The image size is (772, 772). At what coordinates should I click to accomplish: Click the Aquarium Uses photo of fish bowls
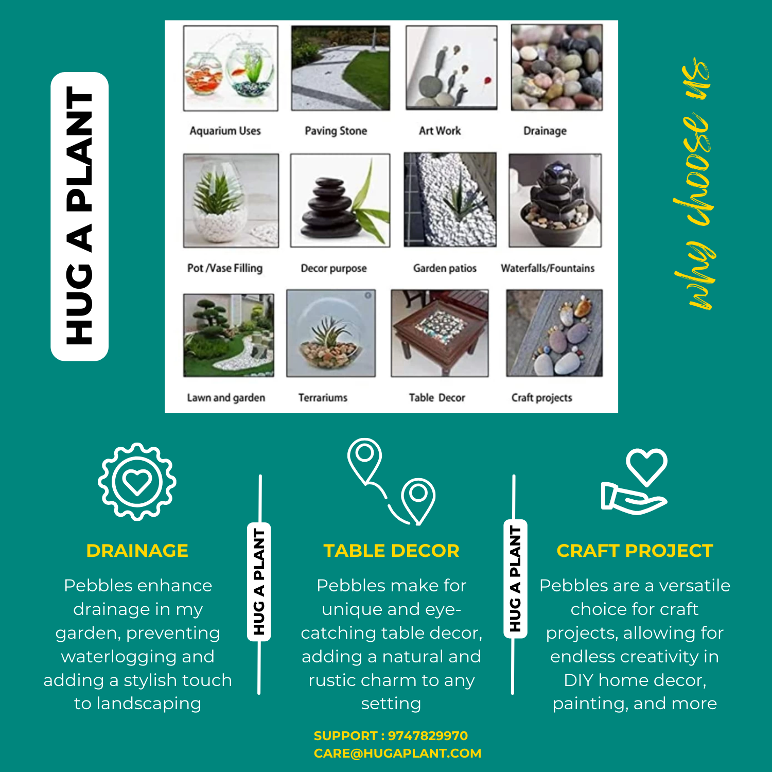pos(231,68)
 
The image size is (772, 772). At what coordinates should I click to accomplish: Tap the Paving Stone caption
pos(336,131)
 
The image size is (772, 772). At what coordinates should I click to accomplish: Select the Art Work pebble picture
pos(451,67)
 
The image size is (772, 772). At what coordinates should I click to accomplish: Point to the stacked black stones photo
pos(340,200)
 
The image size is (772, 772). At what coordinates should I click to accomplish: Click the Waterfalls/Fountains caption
pos(548,268)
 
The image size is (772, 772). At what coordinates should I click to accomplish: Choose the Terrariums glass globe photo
pos(331,333)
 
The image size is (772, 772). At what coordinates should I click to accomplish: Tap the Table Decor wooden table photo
pos(440,333)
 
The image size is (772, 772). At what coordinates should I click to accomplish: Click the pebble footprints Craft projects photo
pos(554,333)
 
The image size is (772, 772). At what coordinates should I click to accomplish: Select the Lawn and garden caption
pos(226,397)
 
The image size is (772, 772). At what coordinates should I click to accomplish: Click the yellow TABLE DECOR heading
pos(391,551)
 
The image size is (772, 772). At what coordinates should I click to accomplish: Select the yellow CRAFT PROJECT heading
pos(635,551)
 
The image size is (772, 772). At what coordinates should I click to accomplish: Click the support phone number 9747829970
pos(428,736)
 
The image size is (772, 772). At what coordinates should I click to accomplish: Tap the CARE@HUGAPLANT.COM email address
pos(397,753)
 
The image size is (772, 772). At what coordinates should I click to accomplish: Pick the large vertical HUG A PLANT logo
pos(80,216)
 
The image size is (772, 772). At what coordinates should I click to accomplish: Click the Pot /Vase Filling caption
pos(225,268)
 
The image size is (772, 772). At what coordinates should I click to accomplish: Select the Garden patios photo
pos(450,200)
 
